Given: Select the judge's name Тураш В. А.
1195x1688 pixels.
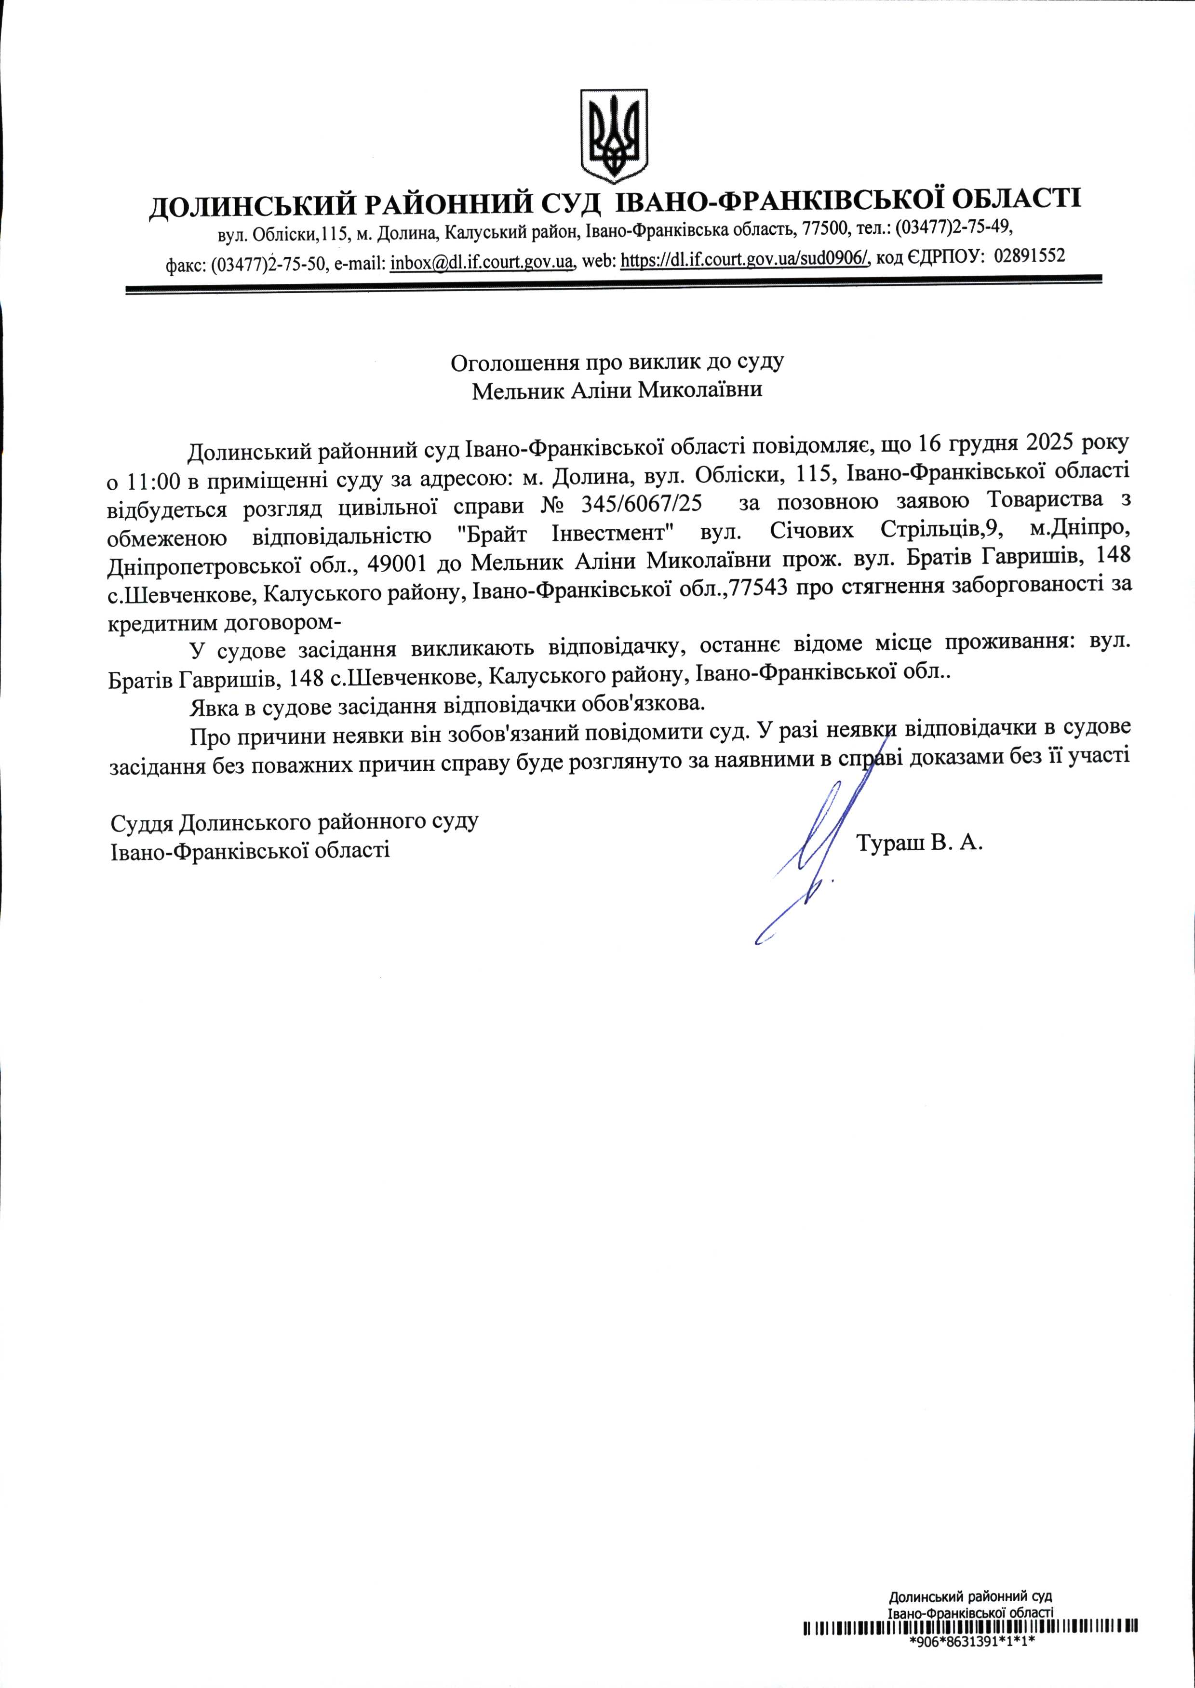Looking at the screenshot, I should pos(920,843).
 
